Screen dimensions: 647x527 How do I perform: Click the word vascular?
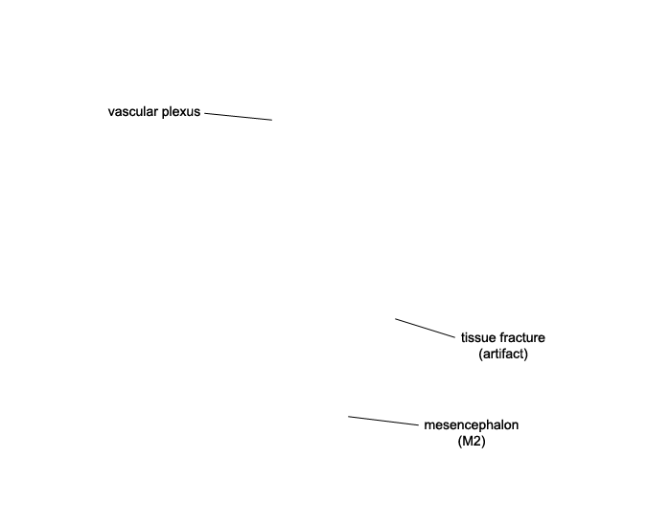click(x=133, y=112)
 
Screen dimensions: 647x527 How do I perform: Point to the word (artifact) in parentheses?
click(x=503, y=355)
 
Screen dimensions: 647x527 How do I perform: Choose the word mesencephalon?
click(x=472, y=425)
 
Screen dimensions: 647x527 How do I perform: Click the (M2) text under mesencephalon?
click(x=472, y=442)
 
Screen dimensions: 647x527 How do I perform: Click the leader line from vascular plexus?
click(x=239, y=116)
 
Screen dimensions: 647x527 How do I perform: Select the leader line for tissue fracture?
click(x=425, y=328)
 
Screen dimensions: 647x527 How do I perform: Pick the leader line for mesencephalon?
click(x=383, y=421)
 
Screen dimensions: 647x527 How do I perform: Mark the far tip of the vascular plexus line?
click(x=272, y=120)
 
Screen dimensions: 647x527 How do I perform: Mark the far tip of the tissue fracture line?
click(x=395, y=318)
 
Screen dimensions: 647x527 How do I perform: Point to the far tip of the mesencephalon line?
click(x=349, y=417)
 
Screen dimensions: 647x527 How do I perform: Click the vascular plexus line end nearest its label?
click(x=205, y=113)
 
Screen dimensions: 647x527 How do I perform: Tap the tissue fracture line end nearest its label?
click(x=454, y=337)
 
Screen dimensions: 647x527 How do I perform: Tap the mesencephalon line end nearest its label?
click(x=418, y=424)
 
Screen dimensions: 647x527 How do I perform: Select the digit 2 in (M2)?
click(x=477, y=442)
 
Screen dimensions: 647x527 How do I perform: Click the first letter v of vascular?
click(x=111, y=113)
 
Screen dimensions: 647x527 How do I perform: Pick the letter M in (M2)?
click(x=468, y=442)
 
